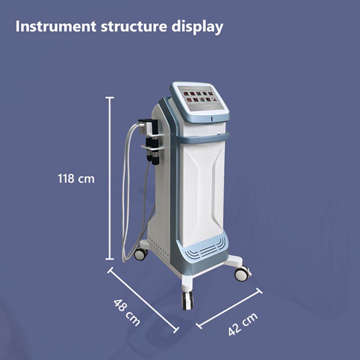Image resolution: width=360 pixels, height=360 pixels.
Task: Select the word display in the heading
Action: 199,27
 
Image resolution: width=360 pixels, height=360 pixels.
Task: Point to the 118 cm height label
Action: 76,178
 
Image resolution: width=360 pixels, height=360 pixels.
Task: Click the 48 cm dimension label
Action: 127,312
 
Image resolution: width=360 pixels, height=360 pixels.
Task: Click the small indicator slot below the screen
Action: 212,118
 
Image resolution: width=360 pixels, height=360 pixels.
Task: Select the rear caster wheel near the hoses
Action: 141,253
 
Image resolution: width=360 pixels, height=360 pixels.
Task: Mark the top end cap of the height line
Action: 110,97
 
